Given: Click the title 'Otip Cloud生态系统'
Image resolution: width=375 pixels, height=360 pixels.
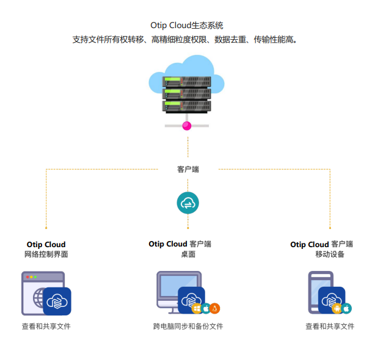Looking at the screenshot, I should click(x=187, y=26).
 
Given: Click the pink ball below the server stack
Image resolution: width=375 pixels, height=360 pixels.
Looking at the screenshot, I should click(x=187, y=126).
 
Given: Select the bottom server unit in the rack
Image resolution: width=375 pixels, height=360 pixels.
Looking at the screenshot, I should click(x=187, y=106).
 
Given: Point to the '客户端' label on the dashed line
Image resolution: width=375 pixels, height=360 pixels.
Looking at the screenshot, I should click(x=188, y=169).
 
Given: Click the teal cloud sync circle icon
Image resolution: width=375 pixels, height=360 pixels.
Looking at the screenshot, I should click(x=188, y=203).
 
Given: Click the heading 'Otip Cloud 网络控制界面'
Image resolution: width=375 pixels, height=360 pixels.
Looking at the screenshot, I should click(x=46, y=249).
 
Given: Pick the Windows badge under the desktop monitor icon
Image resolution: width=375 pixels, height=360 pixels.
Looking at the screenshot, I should click(x=197, y=308).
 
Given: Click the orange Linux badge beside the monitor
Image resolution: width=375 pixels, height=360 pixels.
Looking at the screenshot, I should click(x=215, y=308).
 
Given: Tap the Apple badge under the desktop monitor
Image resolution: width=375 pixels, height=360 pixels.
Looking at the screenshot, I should click(x=206, y=308).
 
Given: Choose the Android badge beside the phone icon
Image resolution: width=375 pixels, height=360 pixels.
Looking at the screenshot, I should click(x=337, y=308).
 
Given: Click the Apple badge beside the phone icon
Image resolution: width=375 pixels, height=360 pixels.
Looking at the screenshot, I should click(x=346, y=308).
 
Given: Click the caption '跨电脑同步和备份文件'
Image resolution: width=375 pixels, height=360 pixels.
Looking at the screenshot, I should click(x=188, y=326).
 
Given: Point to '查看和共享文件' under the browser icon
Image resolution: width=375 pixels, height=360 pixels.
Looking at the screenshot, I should click(x=46, y=326).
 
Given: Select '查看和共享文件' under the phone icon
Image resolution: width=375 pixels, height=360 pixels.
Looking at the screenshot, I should click(x=330, y=326).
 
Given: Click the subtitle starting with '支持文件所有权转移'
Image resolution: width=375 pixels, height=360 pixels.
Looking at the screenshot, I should click(x=187, y=40).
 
